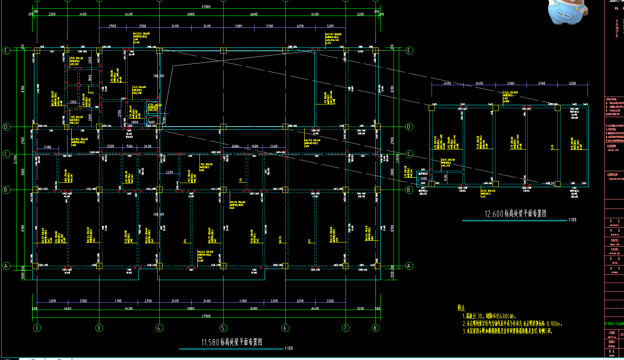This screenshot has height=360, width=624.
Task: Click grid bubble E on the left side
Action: coord(6,51)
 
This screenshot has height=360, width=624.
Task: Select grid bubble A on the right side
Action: coord(409,266)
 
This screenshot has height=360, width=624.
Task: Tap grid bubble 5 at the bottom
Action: coord(223,328)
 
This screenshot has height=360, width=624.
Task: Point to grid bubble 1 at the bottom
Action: coord(37,328)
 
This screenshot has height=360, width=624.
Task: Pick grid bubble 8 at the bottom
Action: coord(375,328)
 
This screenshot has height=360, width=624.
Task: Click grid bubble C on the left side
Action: coord(6,154)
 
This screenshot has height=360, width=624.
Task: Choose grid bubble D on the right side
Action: coord(409,127)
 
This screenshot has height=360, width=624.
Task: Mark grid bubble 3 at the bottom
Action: coord(99,328)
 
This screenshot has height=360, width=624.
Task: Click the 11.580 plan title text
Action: coord(231,342)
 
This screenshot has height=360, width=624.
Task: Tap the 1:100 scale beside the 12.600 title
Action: coord(572,220)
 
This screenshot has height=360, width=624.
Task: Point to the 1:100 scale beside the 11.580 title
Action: coord(289,349)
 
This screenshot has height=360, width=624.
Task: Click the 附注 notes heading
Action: coord(461,308)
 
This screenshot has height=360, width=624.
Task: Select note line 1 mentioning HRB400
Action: coord(489,316)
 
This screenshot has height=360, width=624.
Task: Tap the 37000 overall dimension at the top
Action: coord(206,7)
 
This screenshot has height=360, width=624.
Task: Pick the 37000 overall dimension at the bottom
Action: coord(206,316)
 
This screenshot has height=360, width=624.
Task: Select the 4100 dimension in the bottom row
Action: coord(118,301)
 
